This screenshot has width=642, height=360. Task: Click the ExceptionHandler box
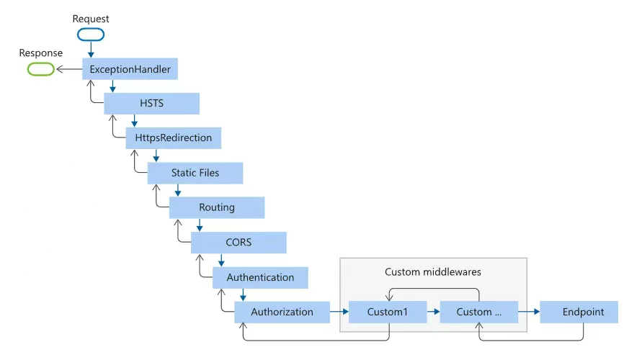[130, 70]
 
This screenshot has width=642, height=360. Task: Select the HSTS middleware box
[151, 104]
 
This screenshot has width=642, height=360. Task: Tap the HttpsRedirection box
[173, 138]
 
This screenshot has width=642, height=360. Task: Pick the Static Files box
[195, 173]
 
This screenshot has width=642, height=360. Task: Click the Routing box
[217, 207]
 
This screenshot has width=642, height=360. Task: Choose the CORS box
[238, 243]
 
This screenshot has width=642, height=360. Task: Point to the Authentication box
[260, 277]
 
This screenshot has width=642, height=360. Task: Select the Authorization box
[282, 312]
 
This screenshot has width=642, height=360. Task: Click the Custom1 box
[387, 312]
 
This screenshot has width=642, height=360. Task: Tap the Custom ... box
[478, 312]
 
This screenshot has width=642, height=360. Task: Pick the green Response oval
[40, 69]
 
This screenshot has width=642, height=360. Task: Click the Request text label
[90, 17]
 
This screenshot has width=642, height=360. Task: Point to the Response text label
[40, 53]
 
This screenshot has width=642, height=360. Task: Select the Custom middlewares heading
[433, 272]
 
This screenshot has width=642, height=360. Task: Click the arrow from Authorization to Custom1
[339, 312]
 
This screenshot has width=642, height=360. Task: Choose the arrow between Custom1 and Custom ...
[430, 312]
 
